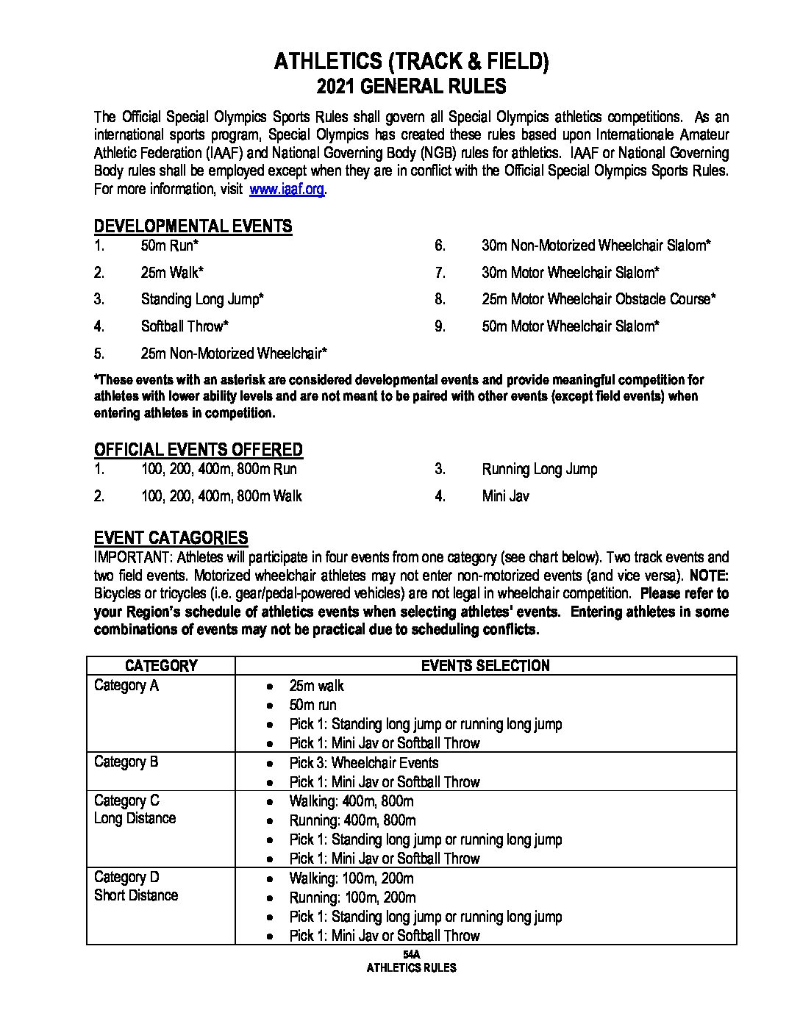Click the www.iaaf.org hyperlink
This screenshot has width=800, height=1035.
(287, 189)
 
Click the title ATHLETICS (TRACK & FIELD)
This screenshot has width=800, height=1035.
(411, 62)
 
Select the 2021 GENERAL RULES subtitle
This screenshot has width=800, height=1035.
(411, 87)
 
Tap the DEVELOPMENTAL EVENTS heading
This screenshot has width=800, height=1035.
(193, 226)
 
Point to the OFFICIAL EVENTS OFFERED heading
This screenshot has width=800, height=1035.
(198, 449)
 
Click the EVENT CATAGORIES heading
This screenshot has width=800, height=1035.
(171, 537)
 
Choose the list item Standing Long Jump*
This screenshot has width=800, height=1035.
(202, 299)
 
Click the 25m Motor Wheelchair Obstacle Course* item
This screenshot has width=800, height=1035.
(599, 299)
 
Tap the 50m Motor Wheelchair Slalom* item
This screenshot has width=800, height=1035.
(571, 326)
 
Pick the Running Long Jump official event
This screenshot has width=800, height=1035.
(540, 469)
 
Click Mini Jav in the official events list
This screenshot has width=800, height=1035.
(505, 496)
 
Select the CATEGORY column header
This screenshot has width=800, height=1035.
(161, 666)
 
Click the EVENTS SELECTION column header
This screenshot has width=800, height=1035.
(485, 666)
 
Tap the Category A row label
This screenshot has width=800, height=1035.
(126, 685)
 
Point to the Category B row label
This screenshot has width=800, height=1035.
(126, 762)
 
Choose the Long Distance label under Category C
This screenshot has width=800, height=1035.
(135, 818)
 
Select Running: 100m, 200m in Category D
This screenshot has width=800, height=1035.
(352, 898)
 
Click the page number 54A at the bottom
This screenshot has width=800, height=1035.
(411, 953)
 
